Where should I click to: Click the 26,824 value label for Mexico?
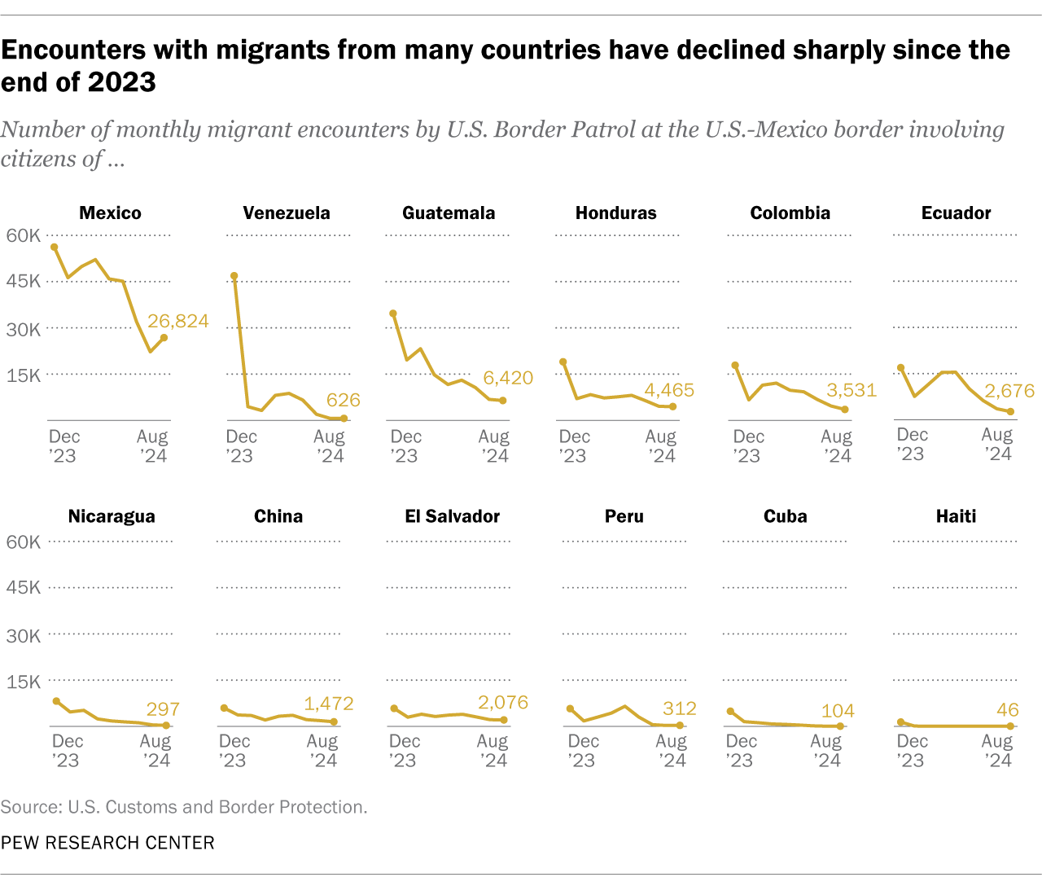click(177, 321)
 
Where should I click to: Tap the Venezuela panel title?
click(287, 213)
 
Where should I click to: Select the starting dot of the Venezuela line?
click(234, 276)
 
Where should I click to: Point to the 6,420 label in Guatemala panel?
click(508, 378)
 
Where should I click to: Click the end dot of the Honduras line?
click(672, 406)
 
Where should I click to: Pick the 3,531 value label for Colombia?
click(852, 390)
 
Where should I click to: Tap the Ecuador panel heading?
click(956, 213)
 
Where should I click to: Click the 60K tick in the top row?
click(23, 235)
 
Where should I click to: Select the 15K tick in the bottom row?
click(23, 682)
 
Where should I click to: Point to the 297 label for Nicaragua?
click(163, 709)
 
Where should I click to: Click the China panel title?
click(278, 516)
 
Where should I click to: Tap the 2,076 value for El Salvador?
click(503, 702)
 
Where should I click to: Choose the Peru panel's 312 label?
click(679, 708)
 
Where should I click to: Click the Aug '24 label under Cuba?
click(826, 750)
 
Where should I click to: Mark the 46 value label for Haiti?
click(1007, 710)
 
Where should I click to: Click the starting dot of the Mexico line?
click(54, 247)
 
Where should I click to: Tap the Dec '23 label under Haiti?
click(912, 750)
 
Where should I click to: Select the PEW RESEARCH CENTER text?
click(107, 843)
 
